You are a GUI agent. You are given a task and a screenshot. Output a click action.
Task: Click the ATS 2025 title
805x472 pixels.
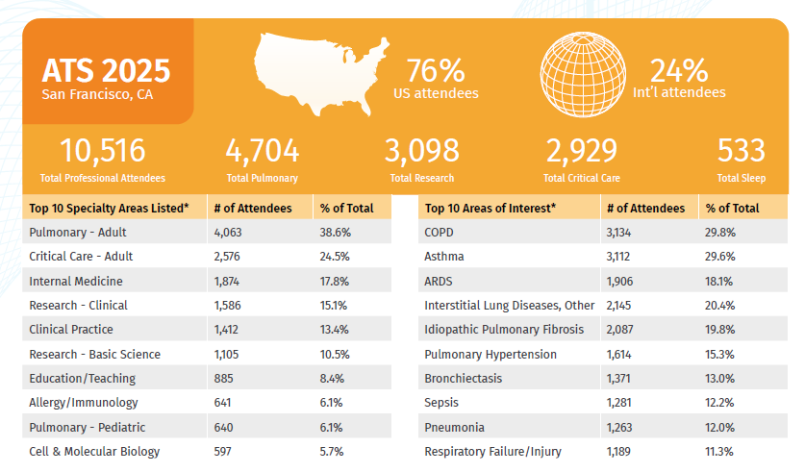point(106,70)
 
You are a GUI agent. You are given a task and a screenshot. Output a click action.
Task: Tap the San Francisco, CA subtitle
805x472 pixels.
point(97,94)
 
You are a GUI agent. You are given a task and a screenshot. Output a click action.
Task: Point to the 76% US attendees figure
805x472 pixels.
point(436,71)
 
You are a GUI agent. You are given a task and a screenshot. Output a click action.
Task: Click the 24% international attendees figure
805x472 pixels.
point(679,71)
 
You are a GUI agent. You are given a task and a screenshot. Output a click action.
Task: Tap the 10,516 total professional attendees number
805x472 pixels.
point(102,151)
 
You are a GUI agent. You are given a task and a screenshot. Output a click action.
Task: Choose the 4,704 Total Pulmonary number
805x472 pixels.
point(262,151)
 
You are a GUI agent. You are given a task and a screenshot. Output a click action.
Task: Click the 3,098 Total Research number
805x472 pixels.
point(421,151)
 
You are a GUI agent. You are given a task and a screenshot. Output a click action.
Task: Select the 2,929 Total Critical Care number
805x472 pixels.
point(581,151)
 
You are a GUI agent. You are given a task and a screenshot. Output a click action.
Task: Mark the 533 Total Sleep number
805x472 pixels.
point(741,151)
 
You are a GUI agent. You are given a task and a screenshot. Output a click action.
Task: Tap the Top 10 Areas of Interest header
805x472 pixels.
point(490,208)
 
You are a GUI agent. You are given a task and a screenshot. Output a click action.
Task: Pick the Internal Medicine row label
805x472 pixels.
point(76,281)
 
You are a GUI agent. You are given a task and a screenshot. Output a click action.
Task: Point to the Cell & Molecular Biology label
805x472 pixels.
point(94,452)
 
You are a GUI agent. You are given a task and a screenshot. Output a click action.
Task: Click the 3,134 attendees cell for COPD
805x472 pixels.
point(622,233)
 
